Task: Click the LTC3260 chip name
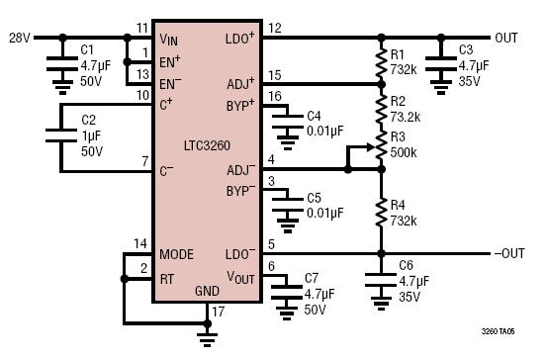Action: tap(207, 145)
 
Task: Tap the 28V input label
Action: tap(20, 38)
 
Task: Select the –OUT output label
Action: tap(509, 253)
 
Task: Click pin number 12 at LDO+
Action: tap(275, 28)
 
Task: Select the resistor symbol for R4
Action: tap(382, 212)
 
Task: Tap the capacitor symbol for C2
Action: tap(61, 135)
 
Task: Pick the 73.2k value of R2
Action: tap(405, 118)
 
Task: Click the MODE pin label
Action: tap(176, 254)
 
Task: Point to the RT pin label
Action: tap(167, 279)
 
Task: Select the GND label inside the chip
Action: tap(207, 291)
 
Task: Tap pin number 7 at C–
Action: tap(145, 161)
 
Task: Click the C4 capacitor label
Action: tap(314, 116)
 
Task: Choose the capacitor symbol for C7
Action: tap(287, 293)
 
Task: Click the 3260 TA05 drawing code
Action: tap(498, 331)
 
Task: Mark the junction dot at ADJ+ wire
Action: tap(382, 84)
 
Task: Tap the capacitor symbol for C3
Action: tap(441, 64)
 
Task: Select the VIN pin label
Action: tap(168, 40)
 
